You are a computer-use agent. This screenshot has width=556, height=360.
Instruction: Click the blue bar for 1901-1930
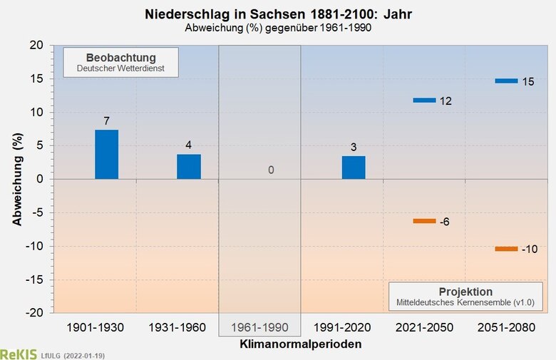pyautogui.click(x=106, y=155)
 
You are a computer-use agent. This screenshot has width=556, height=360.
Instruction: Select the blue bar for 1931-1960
pyautogui.click(x=189, y=167)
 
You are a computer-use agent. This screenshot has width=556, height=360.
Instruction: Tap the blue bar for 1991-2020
pyautogui.click(x=354, y=168)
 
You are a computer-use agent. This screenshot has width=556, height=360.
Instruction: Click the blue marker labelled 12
pyautogui.click(x=424, y=101)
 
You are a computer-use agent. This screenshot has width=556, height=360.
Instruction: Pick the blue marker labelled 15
pyautogui.click(x=506, y=81)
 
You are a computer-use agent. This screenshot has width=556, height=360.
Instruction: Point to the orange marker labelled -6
pyautogui.click(x=424, y=221)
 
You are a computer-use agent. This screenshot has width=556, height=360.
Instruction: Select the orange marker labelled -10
pyautogui.click(x=506, y=249)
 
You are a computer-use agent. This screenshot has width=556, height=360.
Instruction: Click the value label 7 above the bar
pyautogui.click(x=106, y=121)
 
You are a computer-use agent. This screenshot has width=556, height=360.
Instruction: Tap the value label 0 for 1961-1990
pyautogui.click(x=271, y=170)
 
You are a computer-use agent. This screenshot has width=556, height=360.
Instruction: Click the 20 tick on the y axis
pyautogui.click(x=37, y=46)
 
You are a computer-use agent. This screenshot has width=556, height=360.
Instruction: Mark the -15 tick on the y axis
pyautogui.click(x=34, y=279)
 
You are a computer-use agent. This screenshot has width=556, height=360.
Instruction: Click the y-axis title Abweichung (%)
pyautogui.click(x=16, y=179)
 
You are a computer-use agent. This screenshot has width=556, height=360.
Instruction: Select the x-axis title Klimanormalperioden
pyautogui.click(x=300, y=344)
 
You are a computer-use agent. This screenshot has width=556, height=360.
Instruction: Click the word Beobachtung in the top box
pyautogui.click(x=120, y=57)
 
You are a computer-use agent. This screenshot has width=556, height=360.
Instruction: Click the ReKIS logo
pyautogui.click(x=14, y=354)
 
